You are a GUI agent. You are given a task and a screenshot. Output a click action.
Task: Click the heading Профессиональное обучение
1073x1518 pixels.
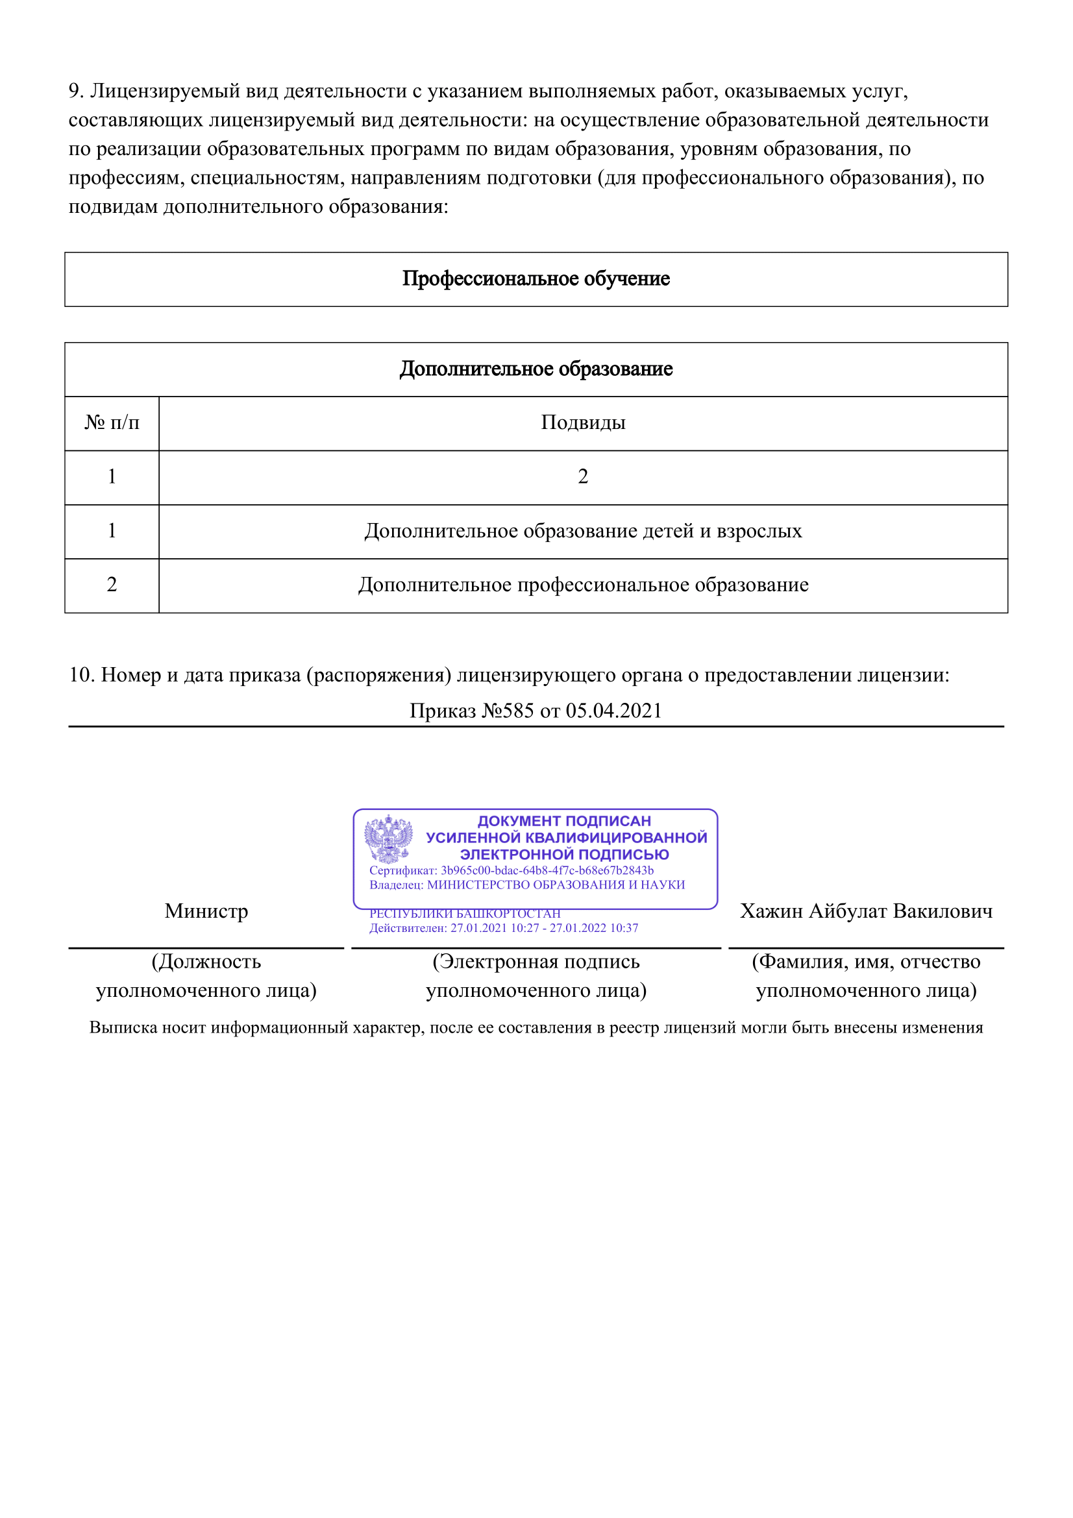point(536,279)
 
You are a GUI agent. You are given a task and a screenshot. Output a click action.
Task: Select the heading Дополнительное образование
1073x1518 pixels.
point(536,369)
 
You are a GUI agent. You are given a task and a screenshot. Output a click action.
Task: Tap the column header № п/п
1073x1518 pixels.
point(112,422)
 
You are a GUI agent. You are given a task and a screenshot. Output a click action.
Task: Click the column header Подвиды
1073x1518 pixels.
point(582,422)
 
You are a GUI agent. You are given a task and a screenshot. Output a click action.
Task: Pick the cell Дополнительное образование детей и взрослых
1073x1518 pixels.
point(582,531)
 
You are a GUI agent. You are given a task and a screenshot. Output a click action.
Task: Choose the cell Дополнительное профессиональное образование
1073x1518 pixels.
point(582,585)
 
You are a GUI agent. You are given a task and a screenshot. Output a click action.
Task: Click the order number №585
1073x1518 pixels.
point(508,711)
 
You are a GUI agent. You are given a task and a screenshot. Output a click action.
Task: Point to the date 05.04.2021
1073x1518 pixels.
point(613,711)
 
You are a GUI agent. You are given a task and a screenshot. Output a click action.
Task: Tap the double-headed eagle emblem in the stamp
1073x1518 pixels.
point(388,839)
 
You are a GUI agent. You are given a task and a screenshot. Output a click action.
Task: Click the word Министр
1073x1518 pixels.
point(206,911)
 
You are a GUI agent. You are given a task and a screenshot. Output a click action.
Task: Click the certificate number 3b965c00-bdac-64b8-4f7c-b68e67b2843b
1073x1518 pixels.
point(547,871)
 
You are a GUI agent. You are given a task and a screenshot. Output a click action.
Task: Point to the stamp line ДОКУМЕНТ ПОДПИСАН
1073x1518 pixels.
point(564,821)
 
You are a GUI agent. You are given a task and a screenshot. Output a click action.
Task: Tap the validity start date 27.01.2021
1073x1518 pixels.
point(478,928)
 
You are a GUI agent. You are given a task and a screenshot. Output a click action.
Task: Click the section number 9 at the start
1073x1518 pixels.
point(75,92)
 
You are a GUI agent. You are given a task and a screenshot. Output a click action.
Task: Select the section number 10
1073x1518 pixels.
point(82,675)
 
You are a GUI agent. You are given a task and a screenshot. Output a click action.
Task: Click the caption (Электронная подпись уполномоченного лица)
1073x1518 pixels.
point(536,976)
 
